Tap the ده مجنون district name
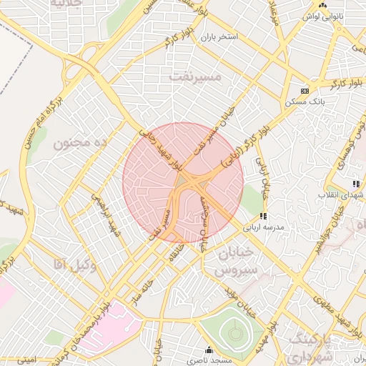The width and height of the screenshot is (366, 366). coord(80,143)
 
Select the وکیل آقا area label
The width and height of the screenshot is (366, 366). coord(74,266)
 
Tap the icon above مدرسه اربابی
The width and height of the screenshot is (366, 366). coord(264,216)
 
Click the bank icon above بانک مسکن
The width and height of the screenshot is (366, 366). coord(305,91)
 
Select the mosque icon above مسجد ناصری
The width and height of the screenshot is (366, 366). coord(209,350)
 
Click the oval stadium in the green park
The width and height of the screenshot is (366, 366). coord(233,332)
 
